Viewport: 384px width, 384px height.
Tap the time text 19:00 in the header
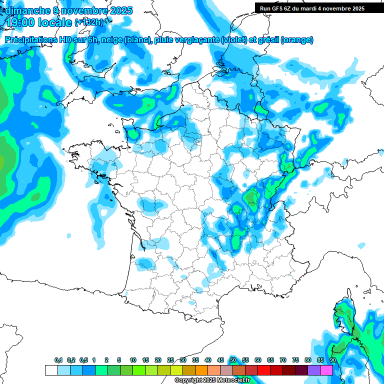click(x=21, y=22)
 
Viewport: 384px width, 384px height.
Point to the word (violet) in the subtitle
click(x=234, y=39)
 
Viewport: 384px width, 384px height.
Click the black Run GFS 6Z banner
click(x=312, y=8)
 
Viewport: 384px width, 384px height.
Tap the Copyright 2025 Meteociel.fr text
click(x=212, y=380)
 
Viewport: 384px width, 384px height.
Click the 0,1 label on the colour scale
click(x=58, y=360)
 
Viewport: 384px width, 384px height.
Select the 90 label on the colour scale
click(x=333, y=360)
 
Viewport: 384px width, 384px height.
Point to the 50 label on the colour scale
click(x=233, y=360)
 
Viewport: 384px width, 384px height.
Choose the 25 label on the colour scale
click(x=170, y=360)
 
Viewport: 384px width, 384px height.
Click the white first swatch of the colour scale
click(x=51, y=370)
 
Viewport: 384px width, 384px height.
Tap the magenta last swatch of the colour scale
click(x=326, y=370)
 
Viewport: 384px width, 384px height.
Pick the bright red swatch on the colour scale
click(x=264, y=370)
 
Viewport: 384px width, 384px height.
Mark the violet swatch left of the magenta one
click(x=314, y=370)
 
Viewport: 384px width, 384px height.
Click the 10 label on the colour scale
click(x=133, y=360)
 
